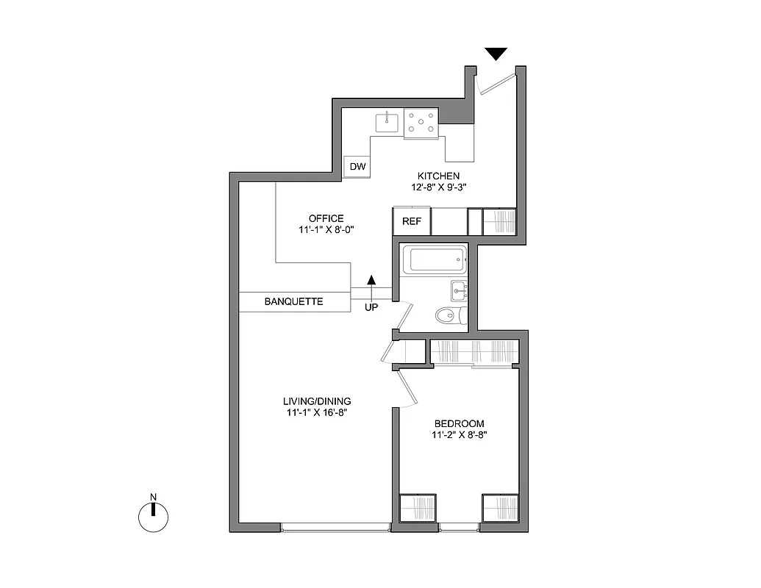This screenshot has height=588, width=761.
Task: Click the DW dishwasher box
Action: point(357,168)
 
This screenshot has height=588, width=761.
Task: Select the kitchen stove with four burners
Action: point(421,122)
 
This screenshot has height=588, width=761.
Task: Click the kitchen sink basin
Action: point(387,122)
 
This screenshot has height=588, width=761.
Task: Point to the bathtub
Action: point(436,260)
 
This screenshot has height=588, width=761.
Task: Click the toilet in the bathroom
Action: point(449,316)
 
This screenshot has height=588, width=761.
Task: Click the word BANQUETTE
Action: point(293,301)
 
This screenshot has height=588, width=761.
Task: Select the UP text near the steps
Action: point(371,307)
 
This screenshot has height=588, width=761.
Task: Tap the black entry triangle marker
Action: point(496,54)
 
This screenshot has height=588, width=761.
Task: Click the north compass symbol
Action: point(154,517)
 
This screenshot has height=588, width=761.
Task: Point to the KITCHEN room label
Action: point(438,176)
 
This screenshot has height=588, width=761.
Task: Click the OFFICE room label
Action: point(326,218)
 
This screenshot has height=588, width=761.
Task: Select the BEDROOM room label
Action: point(459,423)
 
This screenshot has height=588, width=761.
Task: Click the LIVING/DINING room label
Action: point(317,401)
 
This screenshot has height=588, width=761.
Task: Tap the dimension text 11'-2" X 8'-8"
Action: point(459,435)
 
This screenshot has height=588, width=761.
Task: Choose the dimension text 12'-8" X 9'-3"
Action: point(439,187)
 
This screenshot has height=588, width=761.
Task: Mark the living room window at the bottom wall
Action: point(335,526)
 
